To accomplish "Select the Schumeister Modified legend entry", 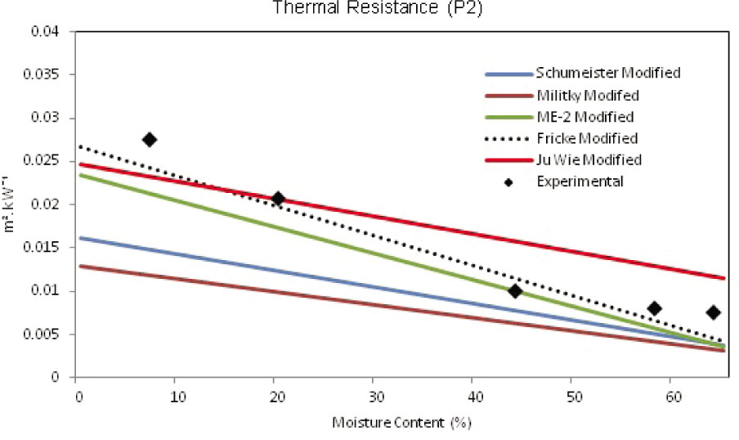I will (607, 73).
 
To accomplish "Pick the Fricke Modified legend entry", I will (587, 138).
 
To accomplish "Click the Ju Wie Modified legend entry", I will (589, 159).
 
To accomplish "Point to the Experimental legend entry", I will (580, 181).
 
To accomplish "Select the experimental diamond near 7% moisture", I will (149, 140).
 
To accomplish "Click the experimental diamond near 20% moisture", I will (278, 198).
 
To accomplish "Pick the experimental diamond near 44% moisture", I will (515, 291).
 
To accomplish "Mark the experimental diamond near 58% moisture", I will (654, 308).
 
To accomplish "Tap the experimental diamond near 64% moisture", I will (713, 312).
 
